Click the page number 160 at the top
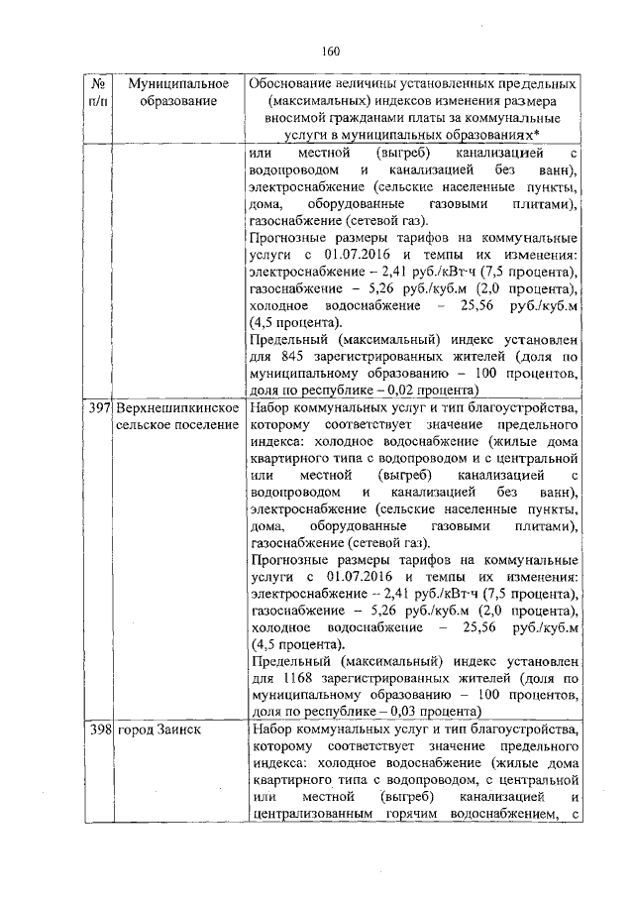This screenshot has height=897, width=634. pyautogui.click(x=331, y=52)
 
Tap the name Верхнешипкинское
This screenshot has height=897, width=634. pyautogui.click(x=178, y=408)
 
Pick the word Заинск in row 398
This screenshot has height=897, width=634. pyautogui.click(x=178, y=729)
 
